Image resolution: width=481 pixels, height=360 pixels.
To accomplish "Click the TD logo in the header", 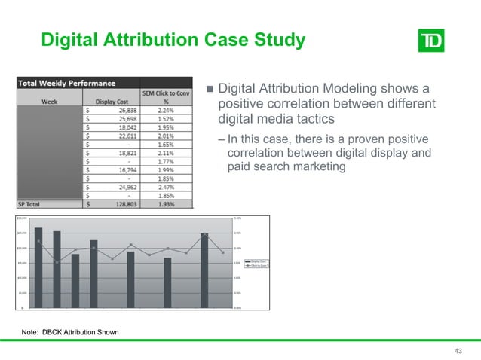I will (431, 40).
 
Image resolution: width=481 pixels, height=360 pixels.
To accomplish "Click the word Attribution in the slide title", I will (151, 38).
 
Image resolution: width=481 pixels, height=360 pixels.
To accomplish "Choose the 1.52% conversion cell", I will (175, 119).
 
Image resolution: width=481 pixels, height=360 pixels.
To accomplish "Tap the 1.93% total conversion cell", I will (175, 203).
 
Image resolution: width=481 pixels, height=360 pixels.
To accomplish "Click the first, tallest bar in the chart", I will (38, 267).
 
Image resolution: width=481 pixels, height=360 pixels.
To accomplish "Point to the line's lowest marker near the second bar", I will (57, 262).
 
